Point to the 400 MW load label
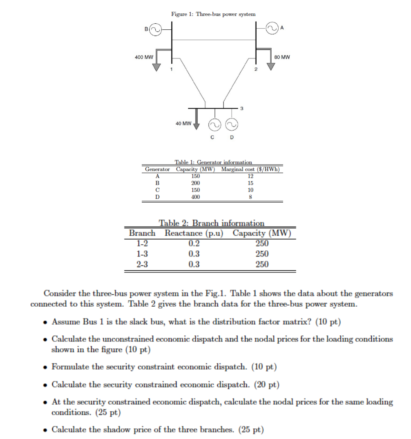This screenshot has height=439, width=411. [144, 57]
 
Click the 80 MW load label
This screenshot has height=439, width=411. [282, 57]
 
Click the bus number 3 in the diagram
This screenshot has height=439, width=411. [241, 108]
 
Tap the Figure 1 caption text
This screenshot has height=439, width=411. [213, 14]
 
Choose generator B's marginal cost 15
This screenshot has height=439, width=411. [250, 183]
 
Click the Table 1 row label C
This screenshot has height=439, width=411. [157, 190]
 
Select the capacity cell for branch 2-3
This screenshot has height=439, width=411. [262, 264]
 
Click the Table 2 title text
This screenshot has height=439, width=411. [211, 223]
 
